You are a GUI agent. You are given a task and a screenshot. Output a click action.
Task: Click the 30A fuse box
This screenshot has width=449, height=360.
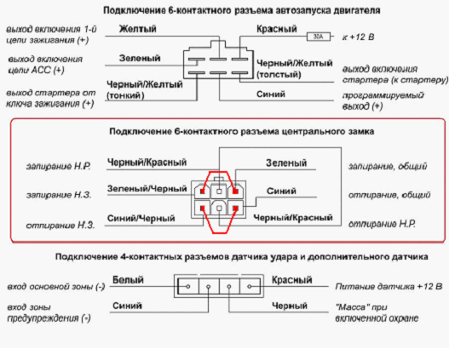click(319, 37)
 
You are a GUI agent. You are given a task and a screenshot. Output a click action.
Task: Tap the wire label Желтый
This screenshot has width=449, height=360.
click(137, 29)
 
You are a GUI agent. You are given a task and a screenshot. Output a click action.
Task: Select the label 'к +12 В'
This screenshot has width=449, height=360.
click(358, 37)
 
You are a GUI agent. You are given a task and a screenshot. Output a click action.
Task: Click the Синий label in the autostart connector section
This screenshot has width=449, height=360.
click(271, 94)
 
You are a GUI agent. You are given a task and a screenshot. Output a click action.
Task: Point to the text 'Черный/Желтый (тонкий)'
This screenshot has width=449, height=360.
click(145, 89)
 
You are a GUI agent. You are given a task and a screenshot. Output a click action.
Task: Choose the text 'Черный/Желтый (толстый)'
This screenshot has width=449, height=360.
click(295, 69)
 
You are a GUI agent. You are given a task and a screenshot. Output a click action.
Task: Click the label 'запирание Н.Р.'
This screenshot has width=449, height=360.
click(59, 166)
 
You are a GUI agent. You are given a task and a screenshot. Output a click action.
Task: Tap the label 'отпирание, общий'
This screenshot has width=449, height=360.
click(389, 195)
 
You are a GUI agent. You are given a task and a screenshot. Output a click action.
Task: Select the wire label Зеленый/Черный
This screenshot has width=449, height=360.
click(147, 189)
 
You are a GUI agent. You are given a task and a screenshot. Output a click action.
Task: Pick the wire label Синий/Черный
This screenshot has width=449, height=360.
click(141, 218)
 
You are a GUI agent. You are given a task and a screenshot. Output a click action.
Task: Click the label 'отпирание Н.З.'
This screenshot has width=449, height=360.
click(60, 226)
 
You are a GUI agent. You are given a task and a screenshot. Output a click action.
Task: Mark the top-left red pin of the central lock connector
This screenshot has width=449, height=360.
click(203, 191)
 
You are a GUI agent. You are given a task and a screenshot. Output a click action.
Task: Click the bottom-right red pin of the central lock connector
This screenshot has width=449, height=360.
click(235, 209)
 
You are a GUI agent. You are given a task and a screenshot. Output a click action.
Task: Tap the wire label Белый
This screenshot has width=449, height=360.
click(128, 280)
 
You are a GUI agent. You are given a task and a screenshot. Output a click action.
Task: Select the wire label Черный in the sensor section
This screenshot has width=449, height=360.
click(290, 306)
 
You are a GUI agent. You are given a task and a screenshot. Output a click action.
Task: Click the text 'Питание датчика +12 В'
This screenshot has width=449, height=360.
click(389, 286)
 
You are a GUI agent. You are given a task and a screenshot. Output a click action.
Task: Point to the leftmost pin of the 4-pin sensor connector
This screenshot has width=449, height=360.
click(188, 286)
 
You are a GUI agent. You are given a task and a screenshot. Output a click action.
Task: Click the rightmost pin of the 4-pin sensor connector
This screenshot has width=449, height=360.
click(250, 286)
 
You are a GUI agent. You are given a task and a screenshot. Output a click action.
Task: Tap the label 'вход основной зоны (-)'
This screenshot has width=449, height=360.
click(56, 287)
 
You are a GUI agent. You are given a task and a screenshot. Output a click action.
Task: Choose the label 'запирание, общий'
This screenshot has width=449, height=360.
click(388, 166)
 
